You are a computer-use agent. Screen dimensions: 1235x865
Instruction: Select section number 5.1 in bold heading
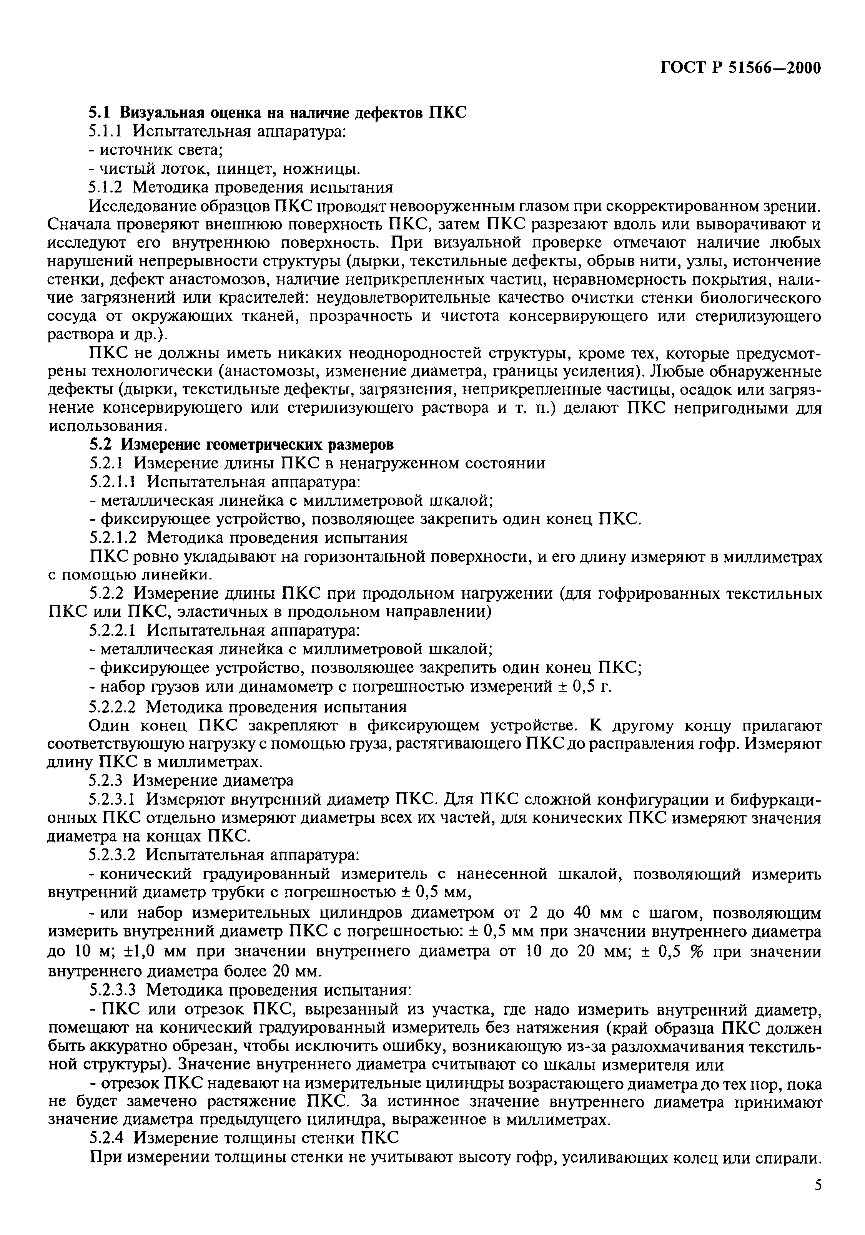pyautogui.click(x=100, y=113)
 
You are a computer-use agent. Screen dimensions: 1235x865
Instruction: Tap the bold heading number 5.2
pyautogui.click(x=101, y=444)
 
